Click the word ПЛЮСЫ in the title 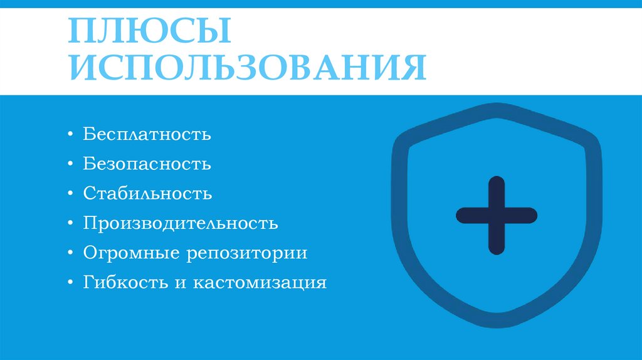(x=149, y=32)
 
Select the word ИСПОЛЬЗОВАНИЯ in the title (x=247, y=68)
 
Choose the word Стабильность (x=147, y=194)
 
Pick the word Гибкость (x=124, y=283)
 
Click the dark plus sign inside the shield (x=496, y=216)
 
